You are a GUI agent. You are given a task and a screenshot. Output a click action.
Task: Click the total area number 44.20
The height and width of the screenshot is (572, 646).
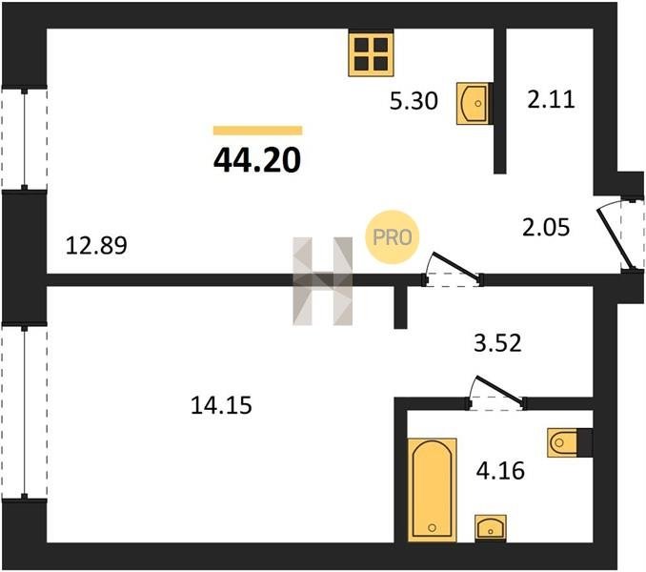pos(257,160)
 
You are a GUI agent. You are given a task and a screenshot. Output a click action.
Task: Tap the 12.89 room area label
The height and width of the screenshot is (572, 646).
pos(96,246)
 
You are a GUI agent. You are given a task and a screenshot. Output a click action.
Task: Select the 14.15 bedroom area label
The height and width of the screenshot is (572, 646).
pos(221,405)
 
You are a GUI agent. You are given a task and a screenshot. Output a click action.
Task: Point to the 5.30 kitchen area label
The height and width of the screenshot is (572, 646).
pos(414,101)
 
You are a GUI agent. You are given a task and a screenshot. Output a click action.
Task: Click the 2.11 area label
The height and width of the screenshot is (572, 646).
pos(551,100)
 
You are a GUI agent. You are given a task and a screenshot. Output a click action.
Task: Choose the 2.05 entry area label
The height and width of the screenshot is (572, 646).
pos(546,227)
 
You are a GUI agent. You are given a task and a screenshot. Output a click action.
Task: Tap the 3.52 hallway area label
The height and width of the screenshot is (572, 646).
pos(497,343)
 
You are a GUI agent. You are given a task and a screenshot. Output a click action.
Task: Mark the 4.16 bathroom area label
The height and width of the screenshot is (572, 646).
pos(500,471)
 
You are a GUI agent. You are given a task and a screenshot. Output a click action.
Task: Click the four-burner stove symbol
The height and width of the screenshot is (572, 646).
pos(371,54)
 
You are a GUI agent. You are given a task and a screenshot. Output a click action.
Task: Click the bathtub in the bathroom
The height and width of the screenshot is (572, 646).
pos(433,490)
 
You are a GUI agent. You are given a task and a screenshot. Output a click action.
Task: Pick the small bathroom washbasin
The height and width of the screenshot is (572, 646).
pos(491,527)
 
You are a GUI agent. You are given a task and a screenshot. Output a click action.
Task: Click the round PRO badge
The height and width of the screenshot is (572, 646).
pos(393,237)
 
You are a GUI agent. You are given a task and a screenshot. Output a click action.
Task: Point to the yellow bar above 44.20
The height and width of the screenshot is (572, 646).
pos(258,131)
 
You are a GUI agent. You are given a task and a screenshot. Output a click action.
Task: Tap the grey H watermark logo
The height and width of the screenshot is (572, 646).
pos(323,281)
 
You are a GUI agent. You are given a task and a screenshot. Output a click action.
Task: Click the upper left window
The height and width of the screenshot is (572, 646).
pos(25,139)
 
